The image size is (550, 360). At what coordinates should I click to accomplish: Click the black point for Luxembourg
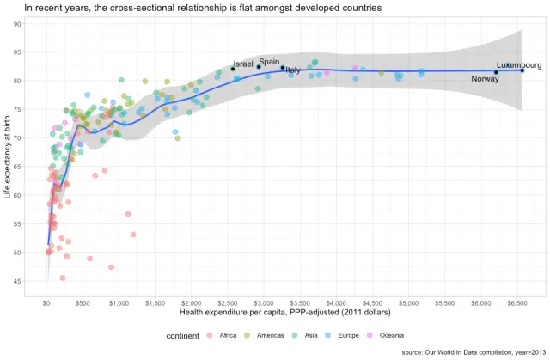point(522,70)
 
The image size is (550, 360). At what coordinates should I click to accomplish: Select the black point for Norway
point(496,72)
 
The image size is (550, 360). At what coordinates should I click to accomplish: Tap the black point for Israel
point(233,69)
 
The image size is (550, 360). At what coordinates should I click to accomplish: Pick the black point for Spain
point(259,67)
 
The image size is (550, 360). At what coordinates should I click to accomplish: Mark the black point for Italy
point(283,68)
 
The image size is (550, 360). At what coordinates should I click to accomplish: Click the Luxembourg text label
point(519,65)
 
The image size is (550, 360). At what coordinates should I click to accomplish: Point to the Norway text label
point(485,79)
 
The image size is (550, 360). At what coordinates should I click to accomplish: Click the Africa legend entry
point(222,335)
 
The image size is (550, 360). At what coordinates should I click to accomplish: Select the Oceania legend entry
point(385,335)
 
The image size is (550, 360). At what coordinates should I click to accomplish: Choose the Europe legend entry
point(343,335)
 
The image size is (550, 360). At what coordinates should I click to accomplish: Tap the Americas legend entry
point(264,335)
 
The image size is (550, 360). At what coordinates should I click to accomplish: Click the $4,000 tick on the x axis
point(336,303)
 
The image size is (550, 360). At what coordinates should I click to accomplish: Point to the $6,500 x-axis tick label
point(517,303)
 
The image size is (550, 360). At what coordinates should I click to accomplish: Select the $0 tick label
point(46,303)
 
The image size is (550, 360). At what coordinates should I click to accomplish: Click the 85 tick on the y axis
point(17,52)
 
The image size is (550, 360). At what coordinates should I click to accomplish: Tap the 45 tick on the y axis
point(17,281)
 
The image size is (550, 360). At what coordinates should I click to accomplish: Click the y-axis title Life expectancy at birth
point(8,157)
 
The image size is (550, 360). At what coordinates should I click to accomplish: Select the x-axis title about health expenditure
point(285,313)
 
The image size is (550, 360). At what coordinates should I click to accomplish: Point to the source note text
point(474,352)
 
